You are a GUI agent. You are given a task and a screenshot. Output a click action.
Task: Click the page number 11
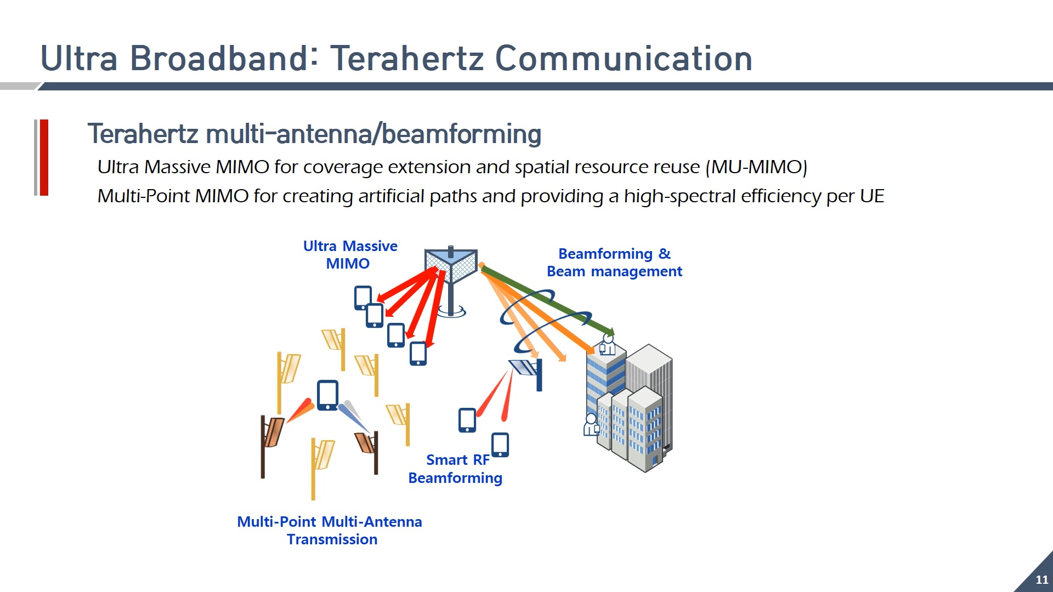[1041, 579]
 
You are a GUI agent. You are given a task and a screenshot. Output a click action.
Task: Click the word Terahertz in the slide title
[406, 58]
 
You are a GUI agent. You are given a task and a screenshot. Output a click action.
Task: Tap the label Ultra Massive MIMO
[350, 254]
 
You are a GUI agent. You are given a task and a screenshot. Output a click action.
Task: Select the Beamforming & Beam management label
[614, 263]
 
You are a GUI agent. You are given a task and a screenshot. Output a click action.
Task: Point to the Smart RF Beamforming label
[455, 469]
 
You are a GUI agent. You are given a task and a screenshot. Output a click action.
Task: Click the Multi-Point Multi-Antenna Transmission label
[330, 530]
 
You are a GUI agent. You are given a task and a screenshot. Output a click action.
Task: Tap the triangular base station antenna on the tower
[450, 266]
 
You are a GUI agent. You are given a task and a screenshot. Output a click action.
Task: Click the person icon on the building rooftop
[607, 345]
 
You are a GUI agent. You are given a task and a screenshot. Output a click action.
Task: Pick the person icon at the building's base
[591, 425]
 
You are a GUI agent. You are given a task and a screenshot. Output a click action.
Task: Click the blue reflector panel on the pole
[524, 367]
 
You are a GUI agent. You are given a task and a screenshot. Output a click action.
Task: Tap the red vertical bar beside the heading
[44, 157]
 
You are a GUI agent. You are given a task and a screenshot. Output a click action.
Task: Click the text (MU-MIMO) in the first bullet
[756, 167]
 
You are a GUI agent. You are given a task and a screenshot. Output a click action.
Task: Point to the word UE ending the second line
[871, 196]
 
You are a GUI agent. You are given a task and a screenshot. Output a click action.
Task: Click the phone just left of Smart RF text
[467, 420]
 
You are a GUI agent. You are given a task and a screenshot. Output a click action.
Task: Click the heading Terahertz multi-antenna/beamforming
[314, 134]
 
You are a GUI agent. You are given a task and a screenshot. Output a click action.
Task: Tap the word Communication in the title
[624, 58]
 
